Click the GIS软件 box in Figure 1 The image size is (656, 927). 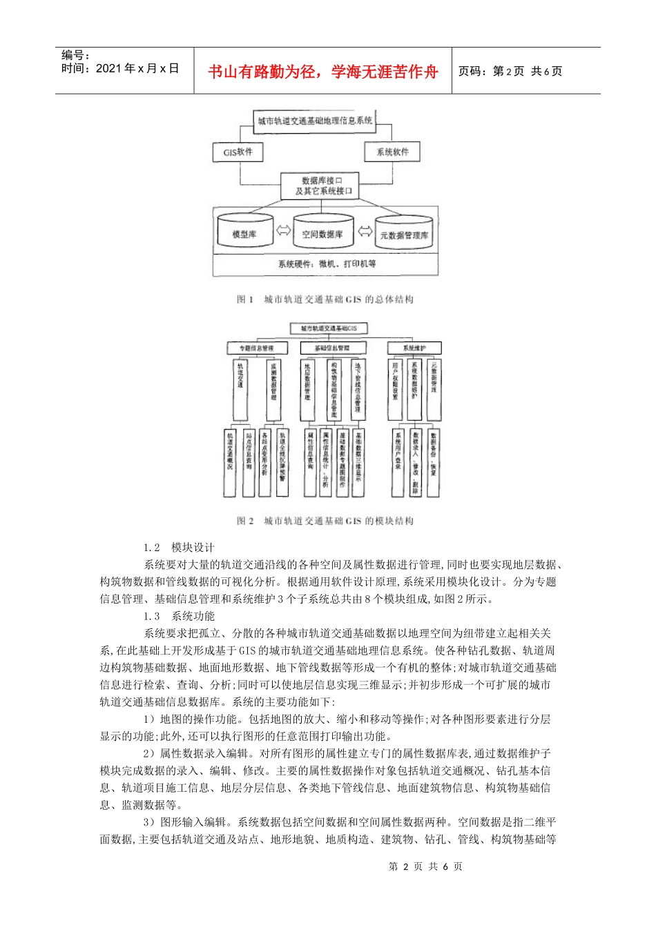[238, 152]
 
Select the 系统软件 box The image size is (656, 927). [392, 152]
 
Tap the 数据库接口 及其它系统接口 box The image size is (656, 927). [320, 186]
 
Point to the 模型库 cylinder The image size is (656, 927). [245, 234]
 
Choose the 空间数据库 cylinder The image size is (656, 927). [322, 234]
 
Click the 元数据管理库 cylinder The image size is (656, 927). [404, 235]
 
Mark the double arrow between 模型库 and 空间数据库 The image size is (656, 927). [283, 230]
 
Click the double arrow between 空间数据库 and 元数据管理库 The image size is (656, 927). [365, 230]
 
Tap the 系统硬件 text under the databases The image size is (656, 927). [327, 263]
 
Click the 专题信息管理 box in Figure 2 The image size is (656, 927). [256, 348]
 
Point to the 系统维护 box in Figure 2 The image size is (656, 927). [414, 348]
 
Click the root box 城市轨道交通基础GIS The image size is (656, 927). [329, 328]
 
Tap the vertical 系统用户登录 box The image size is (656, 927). [398, 462]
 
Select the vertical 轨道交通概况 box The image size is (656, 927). [230, 462]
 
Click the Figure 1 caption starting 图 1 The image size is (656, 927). [325, 299]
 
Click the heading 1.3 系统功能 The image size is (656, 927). [180, 616]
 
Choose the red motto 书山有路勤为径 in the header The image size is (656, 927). [323, 72]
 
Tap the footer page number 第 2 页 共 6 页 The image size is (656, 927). [425, 866]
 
